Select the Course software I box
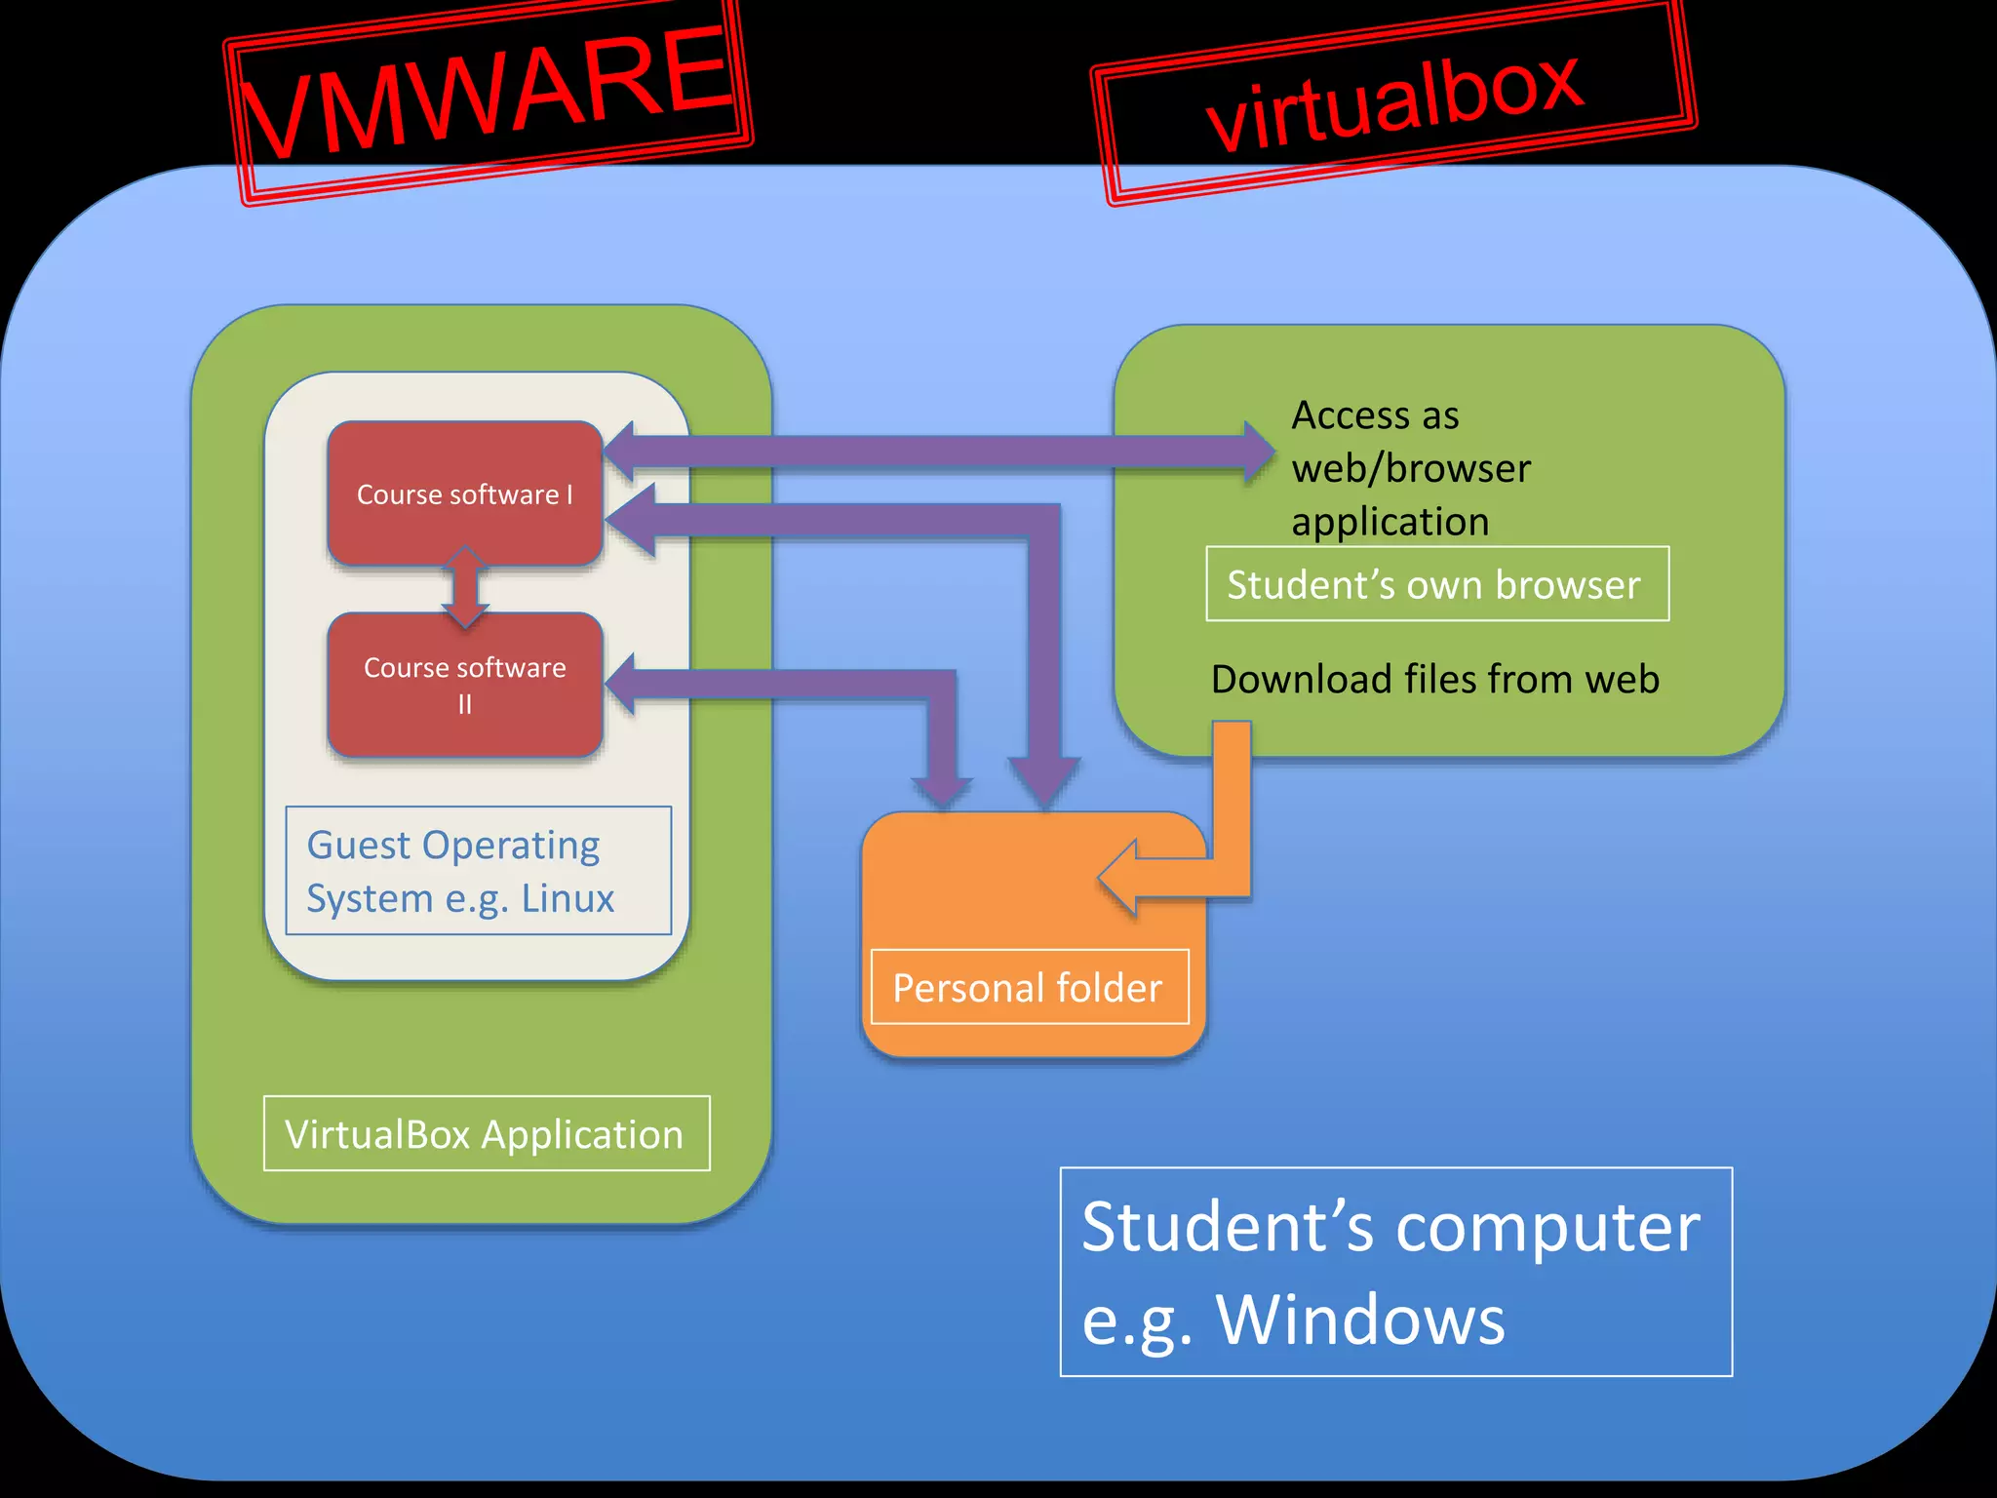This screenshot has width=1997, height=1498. (x=464, y=494)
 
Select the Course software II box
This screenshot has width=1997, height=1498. (x=464, y=685)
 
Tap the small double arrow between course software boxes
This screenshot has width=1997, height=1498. (x=465, y=587)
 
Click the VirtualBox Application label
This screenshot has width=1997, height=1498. (x=486, y=1134)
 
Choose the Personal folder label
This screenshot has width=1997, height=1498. (x=1029, y=988)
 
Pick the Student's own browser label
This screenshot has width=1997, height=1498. (x=1436, y=584)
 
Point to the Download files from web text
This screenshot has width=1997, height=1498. (x=1434, y=679)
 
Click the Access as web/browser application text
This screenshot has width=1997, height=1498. (x=1409, y=468)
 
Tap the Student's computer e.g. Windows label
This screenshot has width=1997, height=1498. (x=1394, y=1272)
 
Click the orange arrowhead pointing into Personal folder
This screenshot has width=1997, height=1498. (x=1121, y=877)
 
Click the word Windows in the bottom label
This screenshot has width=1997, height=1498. (x=1360, y=1320)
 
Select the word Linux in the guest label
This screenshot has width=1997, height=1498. (x=568, y=898)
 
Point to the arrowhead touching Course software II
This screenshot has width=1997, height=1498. (x=624, y=685)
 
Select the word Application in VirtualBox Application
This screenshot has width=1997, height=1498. (x=582, y=1135)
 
